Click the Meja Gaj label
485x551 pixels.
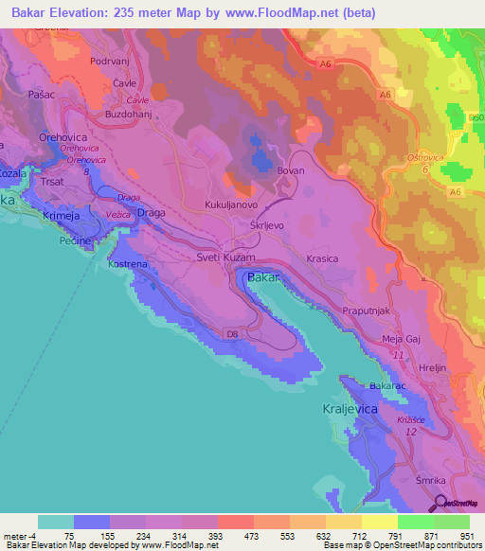coord(401,339)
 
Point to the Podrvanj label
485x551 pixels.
coord(108,61)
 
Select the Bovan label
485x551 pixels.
coord(291,171)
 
